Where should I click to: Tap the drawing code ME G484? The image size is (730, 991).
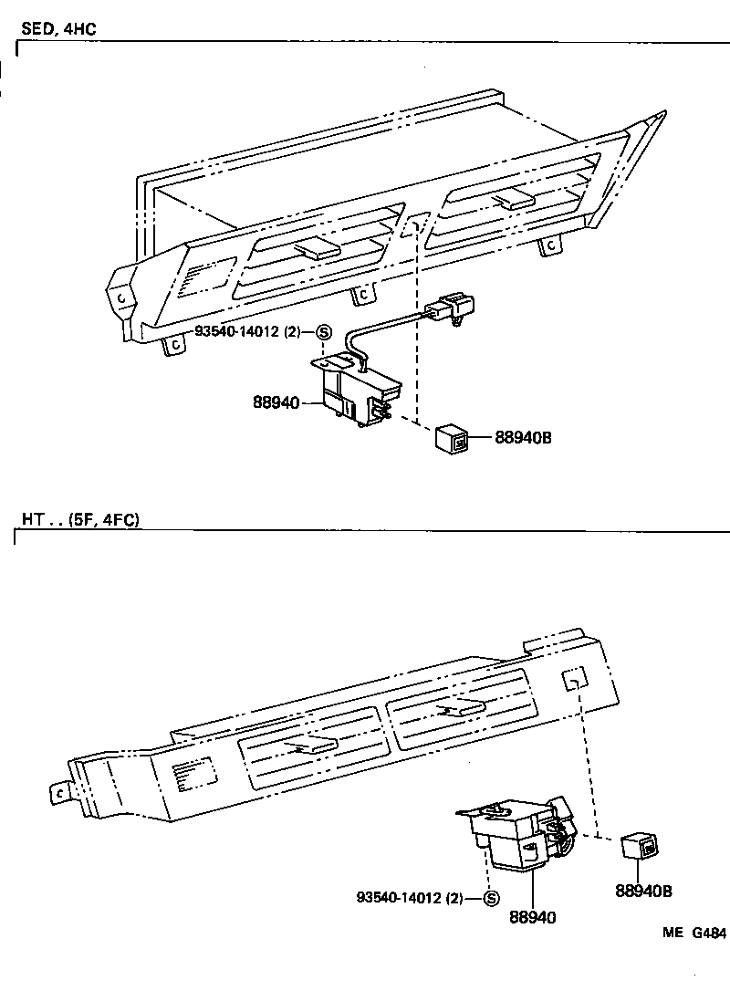pos(694,934)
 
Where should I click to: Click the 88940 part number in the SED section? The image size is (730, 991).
pos(276,401)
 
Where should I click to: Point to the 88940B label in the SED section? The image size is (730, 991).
pos(523,438)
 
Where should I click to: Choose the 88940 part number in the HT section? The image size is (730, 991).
pos(533,916)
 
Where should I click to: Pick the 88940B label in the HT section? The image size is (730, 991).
pos(644,890)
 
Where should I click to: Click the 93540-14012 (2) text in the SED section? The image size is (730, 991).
pos(246,332)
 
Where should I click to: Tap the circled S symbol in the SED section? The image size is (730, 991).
pos(323,332)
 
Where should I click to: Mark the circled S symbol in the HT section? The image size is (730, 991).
pos(491,898)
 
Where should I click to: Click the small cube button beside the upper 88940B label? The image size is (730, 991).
pos(454,439)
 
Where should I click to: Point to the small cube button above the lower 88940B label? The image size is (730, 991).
pos(639,846)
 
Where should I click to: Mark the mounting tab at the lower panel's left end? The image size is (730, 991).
pos(61,793)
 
